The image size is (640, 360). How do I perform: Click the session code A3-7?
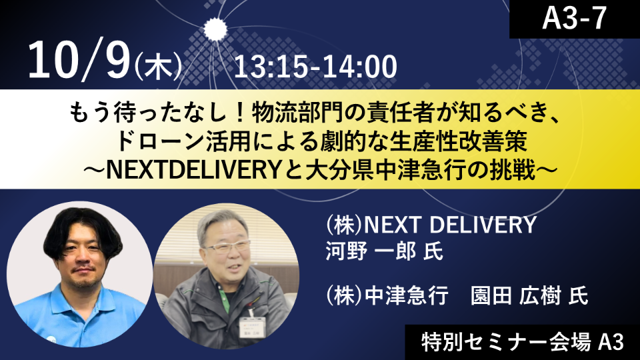574,18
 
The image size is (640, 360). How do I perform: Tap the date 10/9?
79,61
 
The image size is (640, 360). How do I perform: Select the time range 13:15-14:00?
315,67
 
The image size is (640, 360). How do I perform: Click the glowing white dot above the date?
215,29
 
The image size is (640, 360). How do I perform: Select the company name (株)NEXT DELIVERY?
431,225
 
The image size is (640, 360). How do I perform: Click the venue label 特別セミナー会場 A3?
523,342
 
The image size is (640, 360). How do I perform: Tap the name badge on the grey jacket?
253,327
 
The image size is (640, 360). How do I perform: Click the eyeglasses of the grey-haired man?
227,247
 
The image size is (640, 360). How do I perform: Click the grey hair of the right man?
223,225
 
